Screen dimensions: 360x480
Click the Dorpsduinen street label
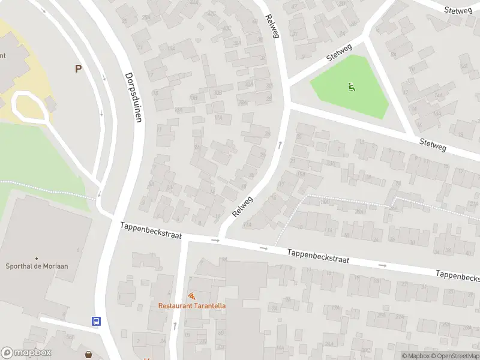point(134,97)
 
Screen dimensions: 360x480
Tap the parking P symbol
point(78,69)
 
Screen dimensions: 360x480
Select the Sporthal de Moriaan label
point(36,266)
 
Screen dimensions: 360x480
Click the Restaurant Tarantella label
point(192,305)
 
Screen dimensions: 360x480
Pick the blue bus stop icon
point(96,321)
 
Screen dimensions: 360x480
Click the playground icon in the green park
point(351,87)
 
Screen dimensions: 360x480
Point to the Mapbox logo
point(26,353)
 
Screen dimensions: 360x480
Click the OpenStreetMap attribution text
point(454,356)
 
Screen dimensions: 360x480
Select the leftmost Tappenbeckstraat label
point(151,230)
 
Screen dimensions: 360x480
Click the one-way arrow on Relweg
point(280,145)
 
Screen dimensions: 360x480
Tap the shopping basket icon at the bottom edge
point(89,355)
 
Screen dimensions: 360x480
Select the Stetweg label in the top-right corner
point(459,10)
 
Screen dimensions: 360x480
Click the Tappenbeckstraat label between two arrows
point(318,256)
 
